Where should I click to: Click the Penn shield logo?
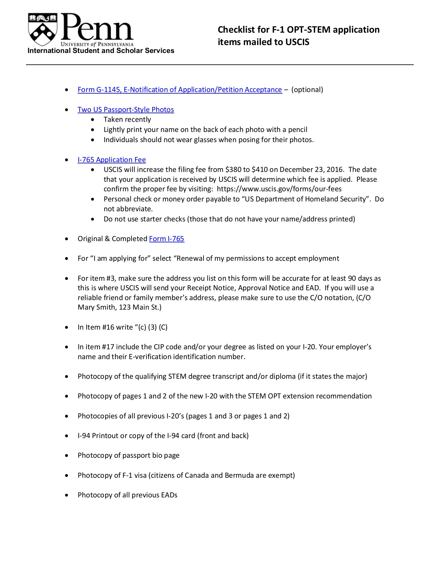click(x=42, y=29)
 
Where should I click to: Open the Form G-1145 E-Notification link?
click(x=179, y=90)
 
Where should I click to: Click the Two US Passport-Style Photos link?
click(x=126, y=110)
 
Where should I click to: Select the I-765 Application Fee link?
click(x=112, y=160)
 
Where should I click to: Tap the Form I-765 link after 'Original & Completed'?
click(x=166, y=239)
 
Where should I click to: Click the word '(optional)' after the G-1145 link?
click(x=307, y=90)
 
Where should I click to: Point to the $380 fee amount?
click(x=233, y=170)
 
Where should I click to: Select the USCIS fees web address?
click(x=279, y=189)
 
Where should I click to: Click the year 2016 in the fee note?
click(x=335, y=170)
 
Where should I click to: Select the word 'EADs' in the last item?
click(x=169, y=495)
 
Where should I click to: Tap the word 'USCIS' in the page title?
click(x=297, y=42)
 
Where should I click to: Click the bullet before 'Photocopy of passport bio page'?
click(x=66, y=456)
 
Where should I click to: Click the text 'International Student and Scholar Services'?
click(x=101, y=51)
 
